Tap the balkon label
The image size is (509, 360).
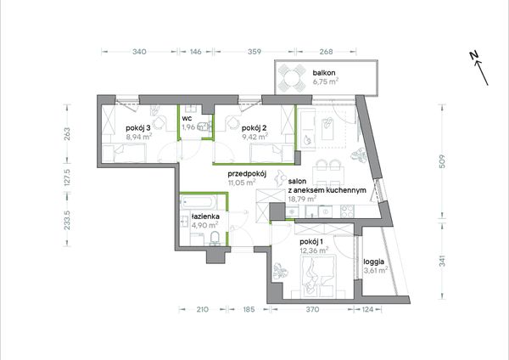(x=324, y=73)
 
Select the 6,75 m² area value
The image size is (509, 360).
(x=325, y=82)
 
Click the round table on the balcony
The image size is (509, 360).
(x=292, y=78)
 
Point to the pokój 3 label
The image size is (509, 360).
(x=138, y=128)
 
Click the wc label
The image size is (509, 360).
(x=187, y=118)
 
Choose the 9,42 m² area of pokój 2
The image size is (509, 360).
(x=255, y=137)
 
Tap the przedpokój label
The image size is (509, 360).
(x=247, y=173)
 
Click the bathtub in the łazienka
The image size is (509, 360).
(x=199, y=202)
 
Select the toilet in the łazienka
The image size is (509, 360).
(x=215, y=239)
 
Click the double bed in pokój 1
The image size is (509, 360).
(x=318, y=276)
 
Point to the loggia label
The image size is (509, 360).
(x=374, y=262)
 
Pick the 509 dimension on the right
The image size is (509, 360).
(x=442, y=161)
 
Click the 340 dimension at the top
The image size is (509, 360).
(x=139, y=51)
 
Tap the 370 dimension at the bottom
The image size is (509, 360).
(x=312, y=309)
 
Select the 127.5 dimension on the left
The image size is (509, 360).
(x=67, y=177)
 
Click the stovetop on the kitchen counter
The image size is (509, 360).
(x=347, y=211)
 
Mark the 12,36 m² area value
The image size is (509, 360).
(x=314, y=250)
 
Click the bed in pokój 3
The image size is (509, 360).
(x=125, y=153)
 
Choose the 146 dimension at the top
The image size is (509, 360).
(x=196, y=51)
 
